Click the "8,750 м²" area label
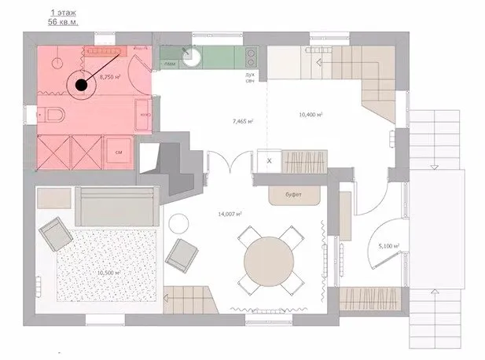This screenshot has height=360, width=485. coord(109,77)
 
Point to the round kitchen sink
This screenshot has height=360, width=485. coord(191,56)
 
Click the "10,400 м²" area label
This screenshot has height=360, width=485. coord(311,115)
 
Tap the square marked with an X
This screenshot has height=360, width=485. coord(269,160)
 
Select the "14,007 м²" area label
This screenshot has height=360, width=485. coord(229,214)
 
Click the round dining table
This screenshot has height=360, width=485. coord(268,259)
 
